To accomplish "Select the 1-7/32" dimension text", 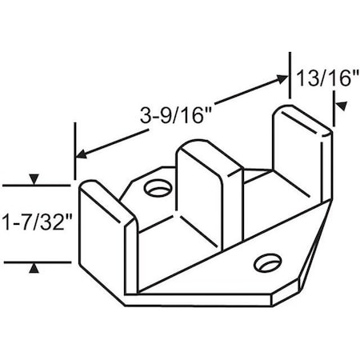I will (35, 222).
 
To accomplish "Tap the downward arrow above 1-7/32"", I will (33, 178).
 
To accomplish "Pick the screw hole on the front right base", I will (263, 262).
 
